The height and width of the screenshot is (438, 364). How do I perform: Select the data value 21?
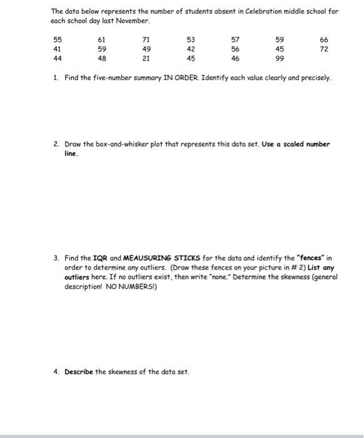point(146,58)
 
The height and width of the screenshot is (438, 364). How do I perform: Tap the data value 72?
point(323,48)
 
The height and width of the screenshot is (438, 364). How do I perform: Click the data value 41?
point(58,48)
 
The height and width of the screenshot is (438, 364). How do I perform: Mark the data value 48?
point(102,58)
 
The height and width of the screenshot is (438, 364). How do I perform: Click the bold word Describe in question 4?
point(79,372)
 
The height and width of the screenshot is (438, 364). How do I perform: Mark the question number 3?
point(56,257)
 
